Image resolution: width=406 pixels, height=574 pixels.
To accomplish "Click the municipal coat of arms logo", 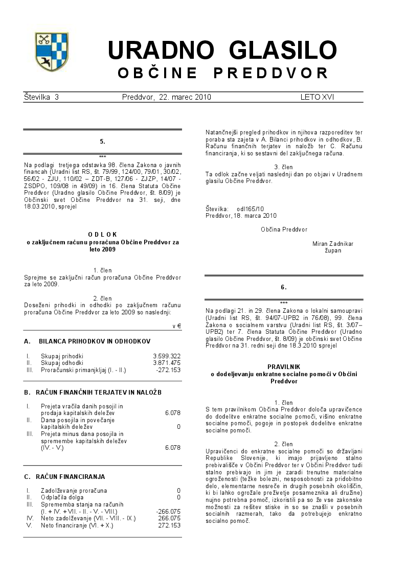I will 52,52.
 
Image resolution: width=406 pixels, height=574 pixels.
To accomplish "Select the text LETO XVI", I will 317,97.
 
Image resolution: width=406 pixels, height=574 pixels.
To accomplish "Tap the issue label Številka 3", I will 41,97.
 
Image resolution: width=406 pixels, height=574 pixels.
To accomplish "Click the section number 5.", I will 103,141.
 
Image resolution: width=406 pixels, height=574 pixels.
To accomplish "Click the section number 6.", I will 284,287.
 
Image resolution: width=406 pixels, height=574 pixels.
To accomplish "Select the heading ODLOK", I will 102,234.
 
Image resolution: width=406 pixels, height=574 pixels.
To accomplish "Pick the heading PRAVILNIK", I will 284,367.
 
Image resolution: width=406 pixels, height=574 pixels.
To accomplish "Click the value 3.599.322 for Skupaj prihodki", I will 167,356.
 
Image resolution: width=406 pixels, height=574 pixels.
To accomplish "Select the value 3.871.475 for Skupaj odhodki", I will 167,362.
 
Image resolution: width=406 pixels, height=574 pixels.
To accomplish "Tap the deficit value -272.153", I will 168,370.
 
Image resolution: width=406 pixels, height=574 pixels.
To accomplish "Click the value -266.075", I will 168,511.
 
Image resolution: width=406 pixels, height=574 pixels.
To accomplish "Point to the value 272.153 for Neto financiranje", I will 169,525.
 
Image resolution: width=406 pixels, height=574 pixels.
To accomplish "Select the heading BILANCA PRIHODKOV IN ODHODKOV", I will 95,341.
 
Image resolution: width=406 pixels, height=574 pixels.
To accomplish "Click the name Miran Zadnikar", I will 333,244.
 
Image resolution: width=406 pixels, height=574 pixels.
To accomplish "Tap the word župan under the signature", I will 333,250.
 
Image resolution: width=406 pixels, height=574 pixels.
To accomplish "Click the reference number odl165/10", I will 250,209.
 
